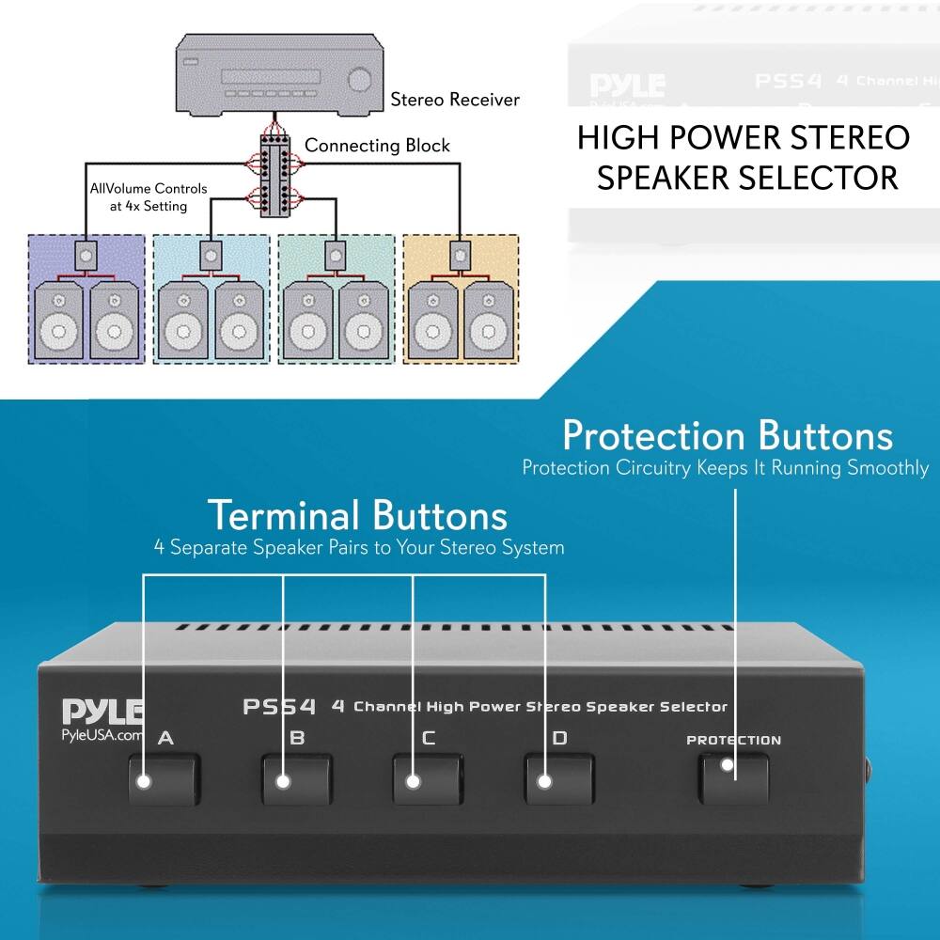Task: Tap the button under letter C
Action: (428, 778)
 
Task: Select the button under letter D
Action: (559, 778)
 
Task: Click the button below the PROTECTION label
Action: (733, 776)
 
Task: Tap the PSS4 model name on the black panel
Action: (279, 706)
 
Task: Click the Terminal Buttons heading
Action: (357, 516)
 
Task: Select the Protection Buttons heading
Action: (727, 436)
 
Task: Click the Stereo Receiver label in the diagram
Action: (455, 99)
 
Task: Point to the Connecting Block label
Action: (377, 146)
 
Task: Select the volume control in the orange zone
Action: (460, 252)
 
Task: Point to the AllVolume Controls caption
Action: (149, 196)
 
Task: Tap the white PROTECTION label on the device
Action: (733, 740)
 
